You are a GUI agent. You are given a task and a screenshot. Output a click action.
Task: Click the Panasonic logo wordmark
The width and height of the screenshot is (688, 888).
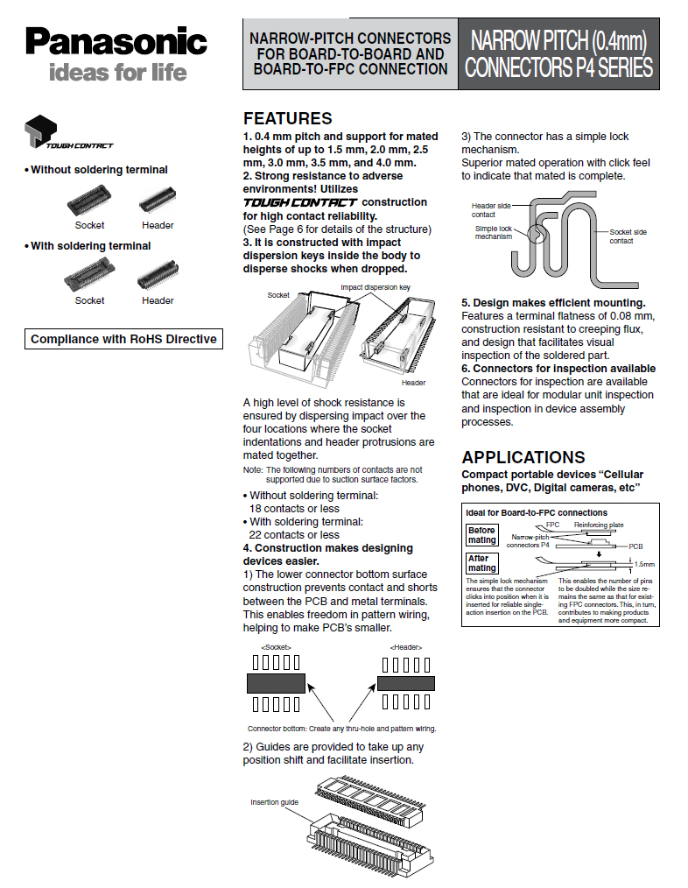pyautogui.click(x=116, y=42)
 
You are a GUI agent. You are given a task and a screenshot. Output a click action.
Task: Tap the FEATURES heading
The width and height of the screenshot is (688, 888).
pyautogui.click(x=288, y=118)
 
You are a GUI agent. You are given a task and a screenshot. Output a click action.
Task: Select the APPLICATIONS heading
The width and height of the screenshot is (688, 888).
pyautogui.click(x=523, y=457)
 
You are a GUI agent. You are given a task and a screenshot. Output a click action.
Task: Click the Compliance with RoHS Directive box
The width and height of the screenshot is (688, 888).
pyautogui.click(x=123, y=339)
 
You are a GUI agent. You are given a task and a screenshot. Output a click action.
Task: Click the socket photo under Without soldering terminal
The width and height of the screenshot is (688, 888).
pyautogui.click(x=89, y=201)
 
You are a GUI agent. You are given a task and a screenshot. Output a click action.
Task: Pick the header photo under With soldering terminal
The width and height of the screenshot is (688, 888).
pyautogui.click(x=158, y=275)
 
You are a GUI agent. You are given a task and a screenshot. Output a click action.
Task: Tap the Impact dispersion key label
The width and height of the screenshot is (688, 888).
pyautogui.click(x=376, y=287)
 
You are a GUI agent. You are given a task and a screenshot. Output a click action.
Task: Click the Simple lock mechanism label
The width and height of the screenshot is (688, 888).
pyautogui.click(x=493, y=232)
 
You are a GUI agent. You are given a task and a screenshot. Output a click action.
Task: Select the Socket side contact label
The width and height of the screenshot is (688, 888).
pyautogui.click(x=628, y=236)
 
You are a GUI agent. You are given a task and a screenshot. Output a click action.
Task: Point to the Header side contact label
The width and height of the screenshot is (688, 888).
pyautogui.click(x=491, y=210)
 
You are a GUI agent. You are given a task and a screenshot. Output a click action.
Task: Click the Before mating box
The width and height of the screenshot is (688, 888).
pyautogui.click(x=482, y=534)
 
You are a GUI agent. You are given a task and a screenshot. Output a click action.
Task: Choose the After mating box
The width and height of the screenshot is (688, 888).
pyautogui.click(x=482, y=562)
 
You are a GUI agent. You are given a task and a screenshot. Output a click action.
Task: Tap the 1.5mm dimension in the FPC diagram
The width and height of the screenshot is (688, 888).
pyautogui.click(x=644, y=564)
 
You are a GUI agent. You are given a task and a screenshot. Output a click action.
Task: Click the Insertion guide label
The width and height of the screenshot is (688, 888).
pyautogui.click(x=274, y=802)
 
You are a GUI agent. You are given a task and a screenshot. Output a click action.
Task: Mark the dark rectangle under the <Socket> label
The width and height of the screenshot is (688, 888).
pyautogui.click(x=277, y=684)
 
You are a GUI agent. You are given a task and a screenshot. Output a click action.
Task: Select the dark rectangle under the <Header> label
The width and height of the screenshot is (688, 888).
pyautogui.click(x=406, y=684)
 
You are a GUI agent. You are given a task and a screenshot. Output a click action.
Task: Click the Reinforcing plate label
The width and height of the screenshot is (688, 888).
pyautogui.click(x=599, y=525)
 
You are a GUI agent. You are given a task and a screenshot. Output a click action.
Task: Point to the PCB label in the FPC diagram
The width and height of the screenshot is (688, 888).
pyautogui.click(x=635, y=546)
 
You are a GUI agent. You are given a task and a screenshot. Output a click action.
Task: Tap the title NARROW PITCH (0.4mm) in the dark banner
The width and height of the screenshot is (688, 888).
pyautogui.click(x=559, y=41)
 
